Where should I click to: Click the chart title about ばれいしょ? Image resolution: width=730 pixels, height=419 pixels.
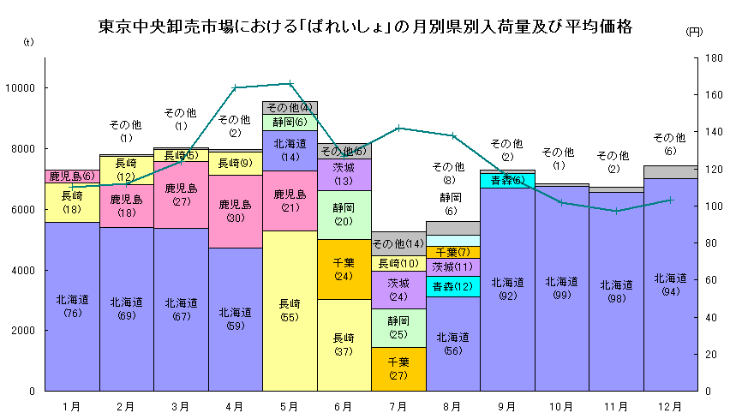click(365, 27)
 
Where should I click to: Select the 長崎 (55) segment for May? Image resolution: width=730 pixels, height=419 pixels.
click(290, 310)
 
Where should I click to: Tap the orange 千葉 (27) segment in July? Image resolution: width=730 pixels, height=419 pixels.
click(398, 369)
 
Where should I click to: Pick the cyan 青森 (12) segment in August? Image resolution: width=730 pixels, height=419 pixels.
click(452, 286)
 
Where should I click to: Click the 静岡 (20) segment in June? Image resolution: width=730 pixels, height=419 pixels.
click(344, 214)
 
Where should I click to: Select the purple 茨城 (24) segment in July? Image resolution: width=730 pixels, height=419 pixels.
click(398, 290)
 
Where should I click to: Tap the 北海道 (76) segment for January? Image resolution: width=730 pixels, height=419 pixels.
click(72, 306)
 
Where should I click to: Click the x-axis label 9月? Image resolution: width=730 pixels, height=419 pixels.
click(507, 405)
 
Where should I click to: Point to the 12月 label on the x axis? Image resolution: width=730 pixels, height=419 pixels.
click(671, 405)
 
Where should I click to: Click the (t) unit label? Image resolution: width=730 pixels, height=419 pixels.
click(28, 40)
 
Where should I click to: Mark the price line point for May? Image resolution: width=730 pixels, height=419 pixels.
click(290, 83)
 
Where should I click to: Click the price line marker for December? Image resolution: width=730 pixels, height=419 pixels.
click(671, 200)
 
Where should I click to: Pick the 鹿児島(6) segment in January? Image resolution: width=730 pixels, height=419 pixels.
click(72, 177)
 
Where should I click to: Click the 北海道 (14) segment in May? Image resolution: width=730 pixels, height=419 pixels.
click(290, 150)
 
